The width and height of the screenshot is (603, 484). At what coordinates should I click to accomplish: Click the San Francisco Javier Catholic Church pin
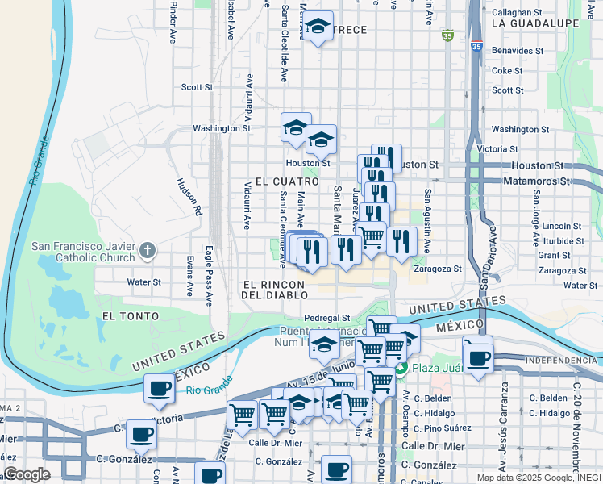click(x=147, y=251)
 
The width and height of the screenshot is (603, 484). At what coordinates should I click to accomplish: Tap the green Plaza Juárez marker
click(x=401, y=368)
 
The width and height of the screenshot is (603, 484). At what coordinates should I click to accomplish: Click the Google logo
click(x=27, y=474)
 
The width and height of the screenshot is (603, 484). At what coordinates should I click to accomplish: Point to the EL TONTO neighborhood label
click(x=129, y=316)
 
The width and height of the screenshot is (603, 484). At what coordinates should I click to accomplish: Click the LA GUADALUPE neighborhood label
click(x=534, y=23)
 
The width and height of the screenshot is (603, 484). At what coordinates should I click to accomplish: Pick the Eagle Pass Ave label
click(x=208, y=276)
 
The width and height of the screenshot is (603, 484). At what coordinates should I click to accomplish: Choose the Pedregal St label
click(x=326, y=319)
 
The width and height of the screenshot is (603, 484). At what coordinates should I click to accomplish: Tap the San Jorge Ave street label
click(x=534, y=219)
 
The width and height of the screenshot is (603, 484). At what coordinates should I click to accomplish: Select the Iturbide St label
click(x=557, y=240)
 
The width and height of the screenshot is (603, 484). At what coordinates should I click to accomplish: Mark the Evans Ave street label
click(x=190, y=275)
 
